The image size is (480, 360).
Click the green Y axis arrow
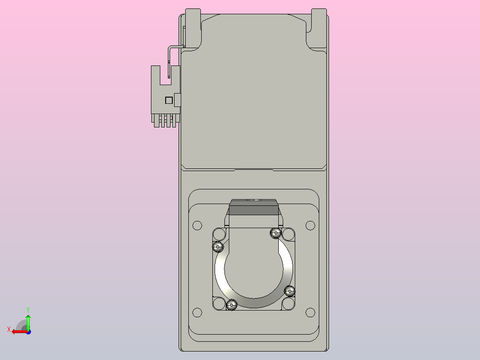click(28, 321)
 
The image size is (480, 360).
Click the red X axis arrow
click(18, 331)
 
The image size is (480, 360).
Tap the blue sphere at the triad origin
click(28, 331)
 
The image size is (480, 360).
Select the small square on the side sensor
click(169, 100)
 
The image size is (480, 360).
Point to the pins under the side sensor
click(165, 121)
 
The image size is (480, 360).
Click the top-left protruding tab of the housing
click(193, 27)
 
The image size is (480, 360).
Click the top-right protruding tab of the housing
click(319, 27)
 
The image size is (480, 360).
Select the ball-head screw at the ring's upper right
click(276, 233)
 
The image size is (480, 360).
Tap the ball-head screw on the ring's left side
click(218, 246)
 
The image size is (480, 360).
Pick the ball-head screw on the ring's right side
click(290, 291)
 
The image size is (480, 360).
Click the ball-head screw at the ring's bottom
click(232, 305)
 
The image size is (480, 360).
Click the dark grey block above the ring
click(254, 208)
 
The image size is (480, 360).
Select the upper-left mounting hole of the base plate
click(197, 225)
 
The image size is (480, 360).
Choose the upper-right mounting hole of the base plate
click(310, 225)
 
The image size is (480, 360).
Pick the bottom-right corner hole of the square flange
click(288, 304)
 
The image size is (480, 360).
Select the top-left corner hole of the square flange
click(219, 234)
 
